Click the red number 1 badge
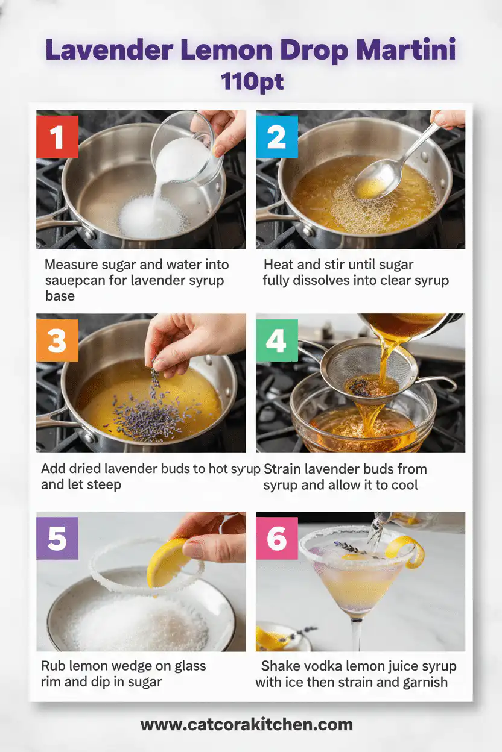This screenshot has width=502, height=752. point(57,137)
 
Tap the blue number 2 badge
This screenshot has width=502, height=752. point(276,137)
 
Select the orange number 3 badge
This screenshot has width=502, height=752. point(57,340)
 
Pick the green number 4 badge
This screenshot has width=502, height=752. point(276,340)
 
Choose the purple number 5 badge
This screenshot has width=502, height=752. point(57,538)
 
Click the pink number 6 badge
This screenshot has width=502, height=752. point(276,538)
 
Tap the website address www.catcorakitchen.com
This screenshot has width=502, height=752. point(246,724)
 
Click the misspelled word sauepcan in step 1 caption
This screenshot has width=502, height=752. point(75,280)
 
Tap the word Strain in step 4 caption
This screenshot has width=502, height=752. point(284,469)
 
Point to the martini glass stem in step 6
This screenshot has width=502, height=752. point(358,633)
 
